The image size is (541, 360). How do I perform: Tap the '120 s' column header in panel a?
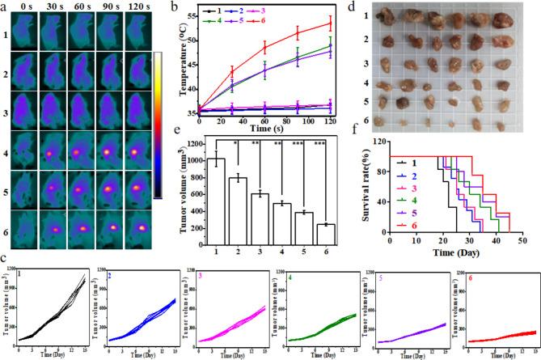tap(135, 10)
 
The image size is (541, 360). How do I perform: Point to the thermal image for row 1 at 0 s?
tap(33, 35)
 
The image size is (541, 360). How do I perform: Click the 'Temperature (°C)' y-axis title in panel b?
tap(183, 66)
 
